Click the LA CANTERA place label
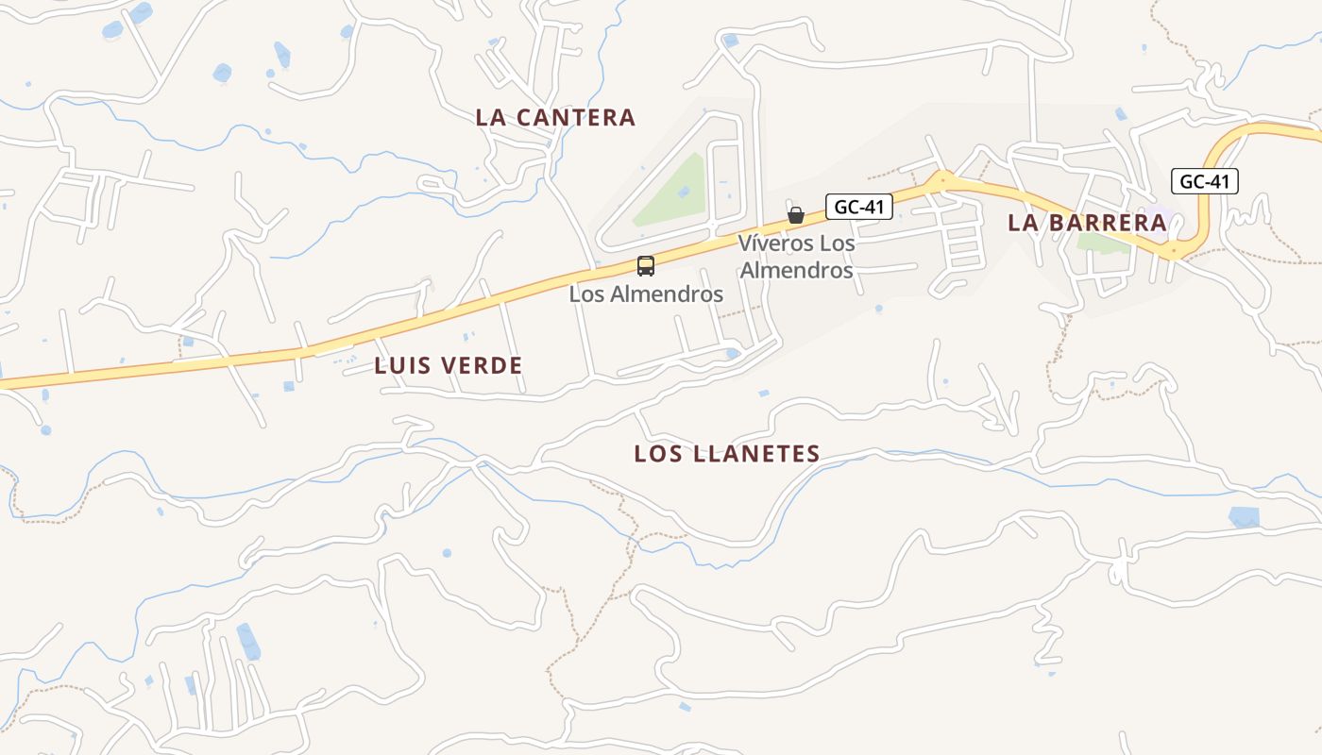[555, 118]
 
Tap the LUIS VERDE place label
[449, 366]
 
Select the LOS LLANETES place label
[726, 454]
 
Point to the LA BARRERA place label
[1088, 224]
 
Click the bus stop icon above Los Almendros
[646, 266]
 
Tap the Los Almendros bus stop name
[646, 294]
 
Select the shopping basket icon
[796, 215]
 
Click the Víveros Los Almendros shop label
[796, 257]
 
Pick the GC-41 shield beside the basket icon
[858, 207]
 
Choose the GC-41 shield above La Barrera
[1204, 181]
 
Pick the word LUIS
[398, 366]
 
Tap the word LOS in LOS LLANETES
[658, 454]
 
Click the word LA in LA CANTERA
[491, 118]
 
